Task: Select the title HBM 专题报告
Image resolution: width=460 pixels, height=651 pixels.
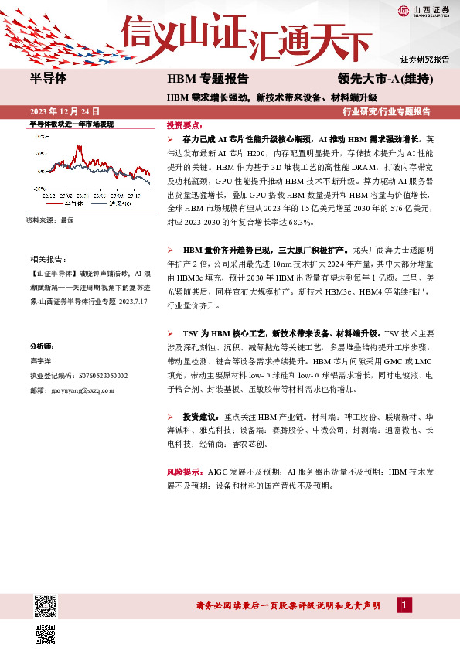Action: coord(207,80)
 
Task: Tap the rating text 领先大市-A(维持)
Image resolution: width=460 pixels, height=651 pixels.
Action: coord(384,80)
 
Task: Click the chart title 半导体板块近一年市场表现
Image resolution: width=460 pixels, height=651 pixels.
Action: coord(71,124)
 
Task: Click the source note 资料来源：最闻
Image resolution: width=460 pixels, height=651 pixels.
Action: coord(50,221)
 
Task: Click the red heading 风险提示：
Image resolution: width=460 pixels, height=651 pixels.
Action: coord(184,471)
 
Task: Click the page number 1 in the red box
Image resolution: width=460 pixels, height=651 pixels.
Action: coord(404,604)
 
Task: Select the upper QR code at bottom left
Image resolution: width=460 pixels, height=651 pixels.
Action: coord(46,606)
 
